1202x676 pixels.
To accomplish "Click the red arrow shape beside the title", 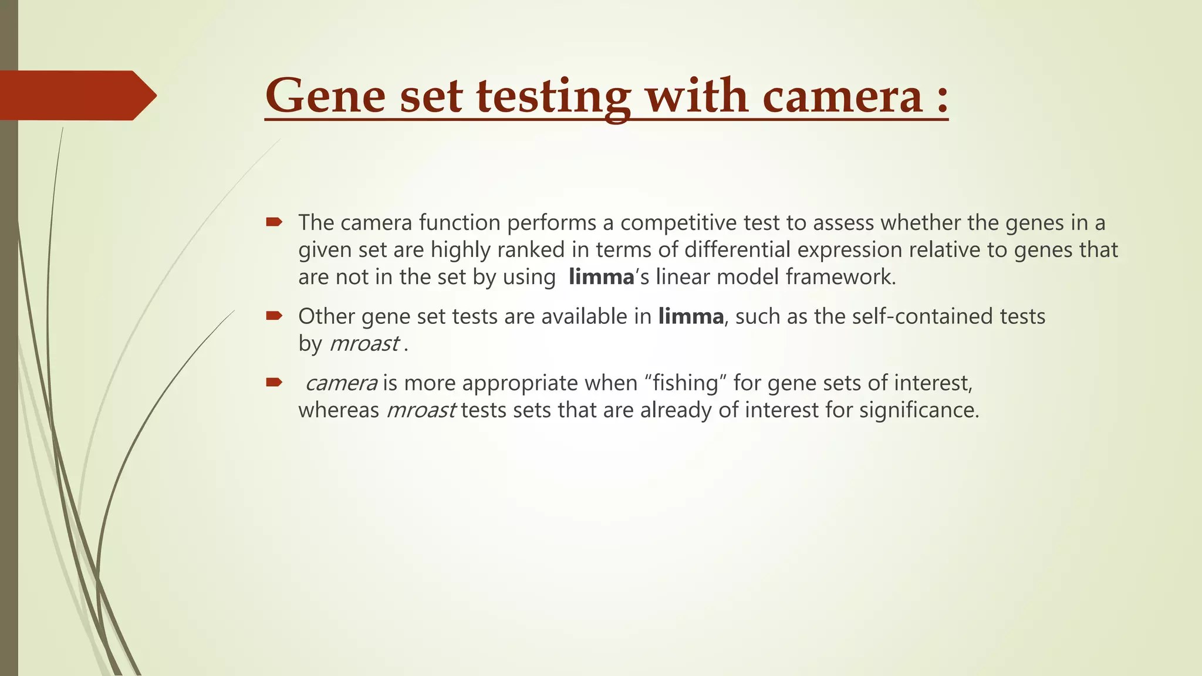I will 76,95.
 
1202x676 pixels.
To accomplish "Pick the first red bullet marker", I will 274,222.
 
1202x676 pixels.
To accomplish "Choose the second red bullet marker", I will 274,316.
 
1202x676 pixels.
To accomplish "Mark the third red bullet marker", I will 274,383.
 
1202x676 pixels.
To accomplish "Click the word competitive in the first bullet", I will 676,223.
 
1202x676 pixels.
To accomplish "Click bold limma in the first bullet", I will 601,277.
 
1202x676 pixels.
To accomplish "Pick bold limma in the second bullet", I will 691,317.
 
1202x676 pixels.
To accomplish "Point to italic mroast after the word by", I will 364,344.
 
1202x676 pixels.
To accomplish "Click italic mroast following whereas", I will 421,410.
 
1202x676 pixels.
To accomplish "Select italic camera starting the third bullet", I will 341,383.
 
